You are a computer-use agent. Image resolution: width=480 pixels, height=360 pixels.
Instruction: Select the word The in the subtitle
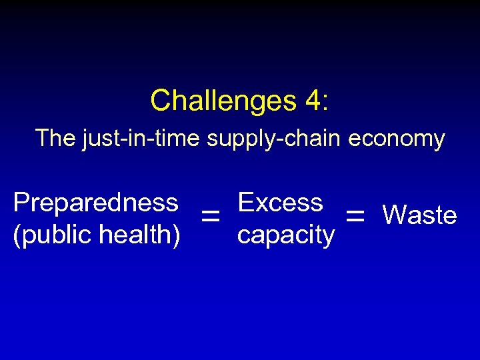[x=56, y=139]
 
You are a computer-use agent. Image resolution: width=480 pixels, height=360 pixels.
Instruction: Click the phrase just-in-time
[x=141, y=139]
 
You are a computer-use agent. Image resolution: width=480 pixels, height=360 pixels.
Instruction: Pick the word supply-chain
[x=275, y=139]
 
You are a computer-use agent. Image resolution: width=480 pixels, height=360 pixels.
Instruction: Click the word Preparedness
[x=96, y=202]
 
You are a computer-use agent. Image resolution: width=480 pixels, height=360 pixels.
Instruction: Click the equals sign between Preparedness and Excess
[x=211, y=215]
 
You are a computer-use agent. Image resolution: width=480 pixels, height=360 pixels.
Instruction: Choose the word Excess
[x=280, y=202]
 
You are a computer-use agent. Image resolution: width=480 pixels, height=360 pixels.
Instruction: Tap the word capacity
[x=285, y=235]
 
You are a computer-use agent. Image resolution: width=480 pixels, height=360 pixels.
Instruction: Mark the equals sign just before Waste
[x=355, y=215]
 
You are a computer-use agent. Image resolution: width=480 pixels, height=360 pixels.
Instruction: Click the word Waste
[x=419, y=215]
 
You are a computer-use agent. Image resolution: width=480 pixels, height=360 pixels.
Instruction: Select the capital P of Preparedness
[x=21, y=202]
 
